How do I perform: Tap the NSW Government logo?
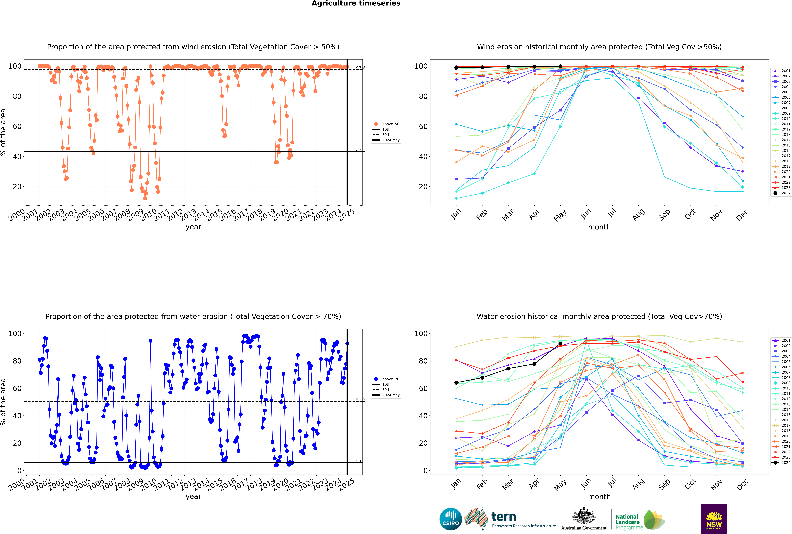(x=714, y=519)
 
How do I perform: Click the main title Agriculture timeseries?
(x=356, y=3)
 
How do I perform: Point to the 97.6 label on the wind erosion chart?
(x=361, y=68)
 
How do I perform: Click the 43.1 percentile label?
(x=360, y=150)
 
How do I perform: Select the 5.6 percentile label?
(x=359, y=461)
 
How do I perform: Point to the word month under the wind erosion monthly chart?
(x=599, y=227)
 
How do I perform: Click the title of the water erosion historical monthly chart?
(x=599, y=316)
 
